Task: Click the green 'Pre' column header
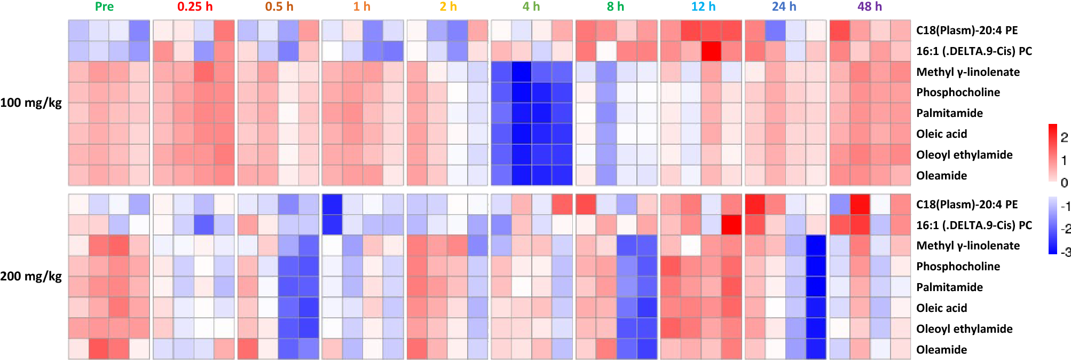coord(104,7)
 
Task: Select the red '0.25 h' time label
coord(195,7)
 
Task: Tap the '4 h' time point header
coord(531,7)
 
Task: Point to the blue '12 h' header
coord(703,7)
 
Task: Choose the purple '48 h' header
coord(870,7)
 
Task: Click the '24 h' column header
coord(784,7)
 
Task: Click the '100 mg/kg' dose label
coord(31,103)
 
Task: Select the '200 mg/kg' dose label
coord(31,277)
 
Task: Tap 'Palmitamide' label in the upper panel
coord(949,113)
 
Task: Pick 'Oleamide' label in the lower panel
coord(941,350)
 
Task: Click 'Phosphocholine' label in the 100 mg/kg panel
coord(958,92)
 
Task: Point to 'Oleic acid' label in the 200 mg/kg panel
coord(941,308)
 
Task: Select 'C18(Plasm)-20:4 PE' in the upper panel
coord(967,30)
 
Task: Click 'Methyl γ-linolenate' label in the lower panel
coord(967,246)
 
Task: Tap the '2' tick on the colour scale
coord(1064,137)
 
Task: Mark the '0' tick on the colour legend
coord(1064,183)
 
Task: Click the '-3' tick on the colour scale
coord(1065,252)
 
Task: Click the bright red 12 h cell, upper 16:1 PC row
coord(711,51)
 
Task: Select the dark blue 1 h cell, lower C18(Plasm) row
coord(332,204)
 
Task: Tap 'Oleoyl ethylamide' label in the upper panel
coord(964,155)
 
